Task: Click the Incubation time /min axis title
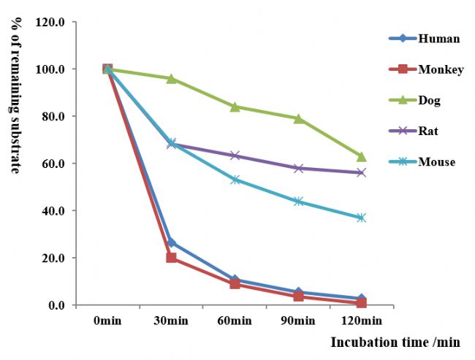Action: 395,342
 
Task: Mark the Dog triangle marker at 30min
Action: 171,78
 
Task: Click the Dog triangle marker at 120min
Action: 361,156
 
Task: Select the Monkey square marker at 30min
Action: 171,258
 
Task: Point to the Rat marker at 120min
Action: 361,173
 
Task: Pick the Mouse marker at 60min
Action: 235,180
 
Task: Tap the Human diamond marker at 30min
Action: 171,242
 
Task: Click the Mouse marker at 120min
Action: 361,218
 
